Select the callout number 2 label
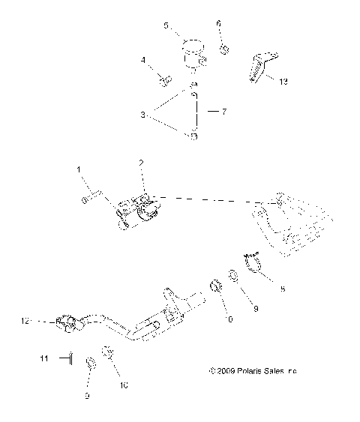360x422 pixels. pos(140,163)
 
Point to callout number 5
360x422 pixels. pos(166,25)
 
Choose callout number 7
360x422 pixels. pos(223,111)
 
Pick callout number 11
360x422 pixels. pos(44,360)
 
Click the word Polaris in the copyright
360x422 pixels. pos(252,370)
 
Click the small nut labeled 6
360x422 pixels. pos(223,49)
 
